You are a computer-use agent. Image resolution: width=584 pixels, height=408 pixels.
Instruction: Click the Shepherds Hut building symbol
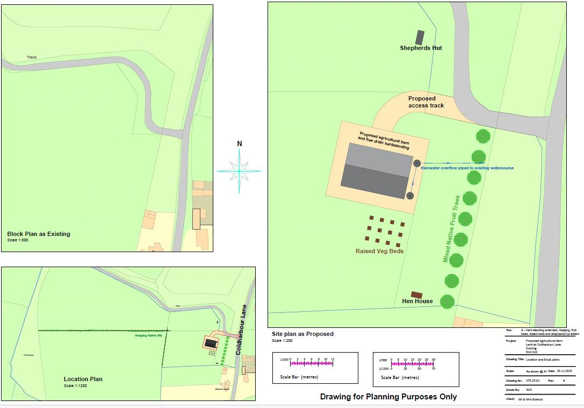point(420,37)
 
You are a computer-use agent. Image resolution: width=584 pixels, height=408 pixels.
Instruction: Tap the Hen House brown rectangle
point(416,295)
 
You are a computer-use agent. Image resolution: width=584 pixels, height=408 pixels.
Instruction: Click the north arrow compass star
point(240,170)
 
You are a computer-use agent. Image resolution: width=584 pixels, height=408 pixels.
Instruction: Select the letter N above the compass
point(240,144)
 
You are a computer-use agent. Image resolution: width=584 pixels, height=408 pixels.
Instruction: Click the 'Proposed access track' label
point(426,102)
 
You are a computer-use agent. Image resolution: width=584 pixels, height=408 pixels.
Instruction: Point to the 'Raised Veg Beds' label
point(379,251)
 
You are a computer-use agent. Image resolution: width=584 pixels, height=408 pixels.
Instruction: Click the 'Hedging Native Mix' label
point(149,335)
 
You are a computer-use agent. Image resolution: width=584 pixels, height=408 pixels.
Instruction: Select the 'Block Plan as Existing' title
point(39,234)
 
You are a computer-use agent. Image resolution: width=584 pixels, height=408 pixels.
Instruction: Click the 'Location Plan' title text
point(83,379)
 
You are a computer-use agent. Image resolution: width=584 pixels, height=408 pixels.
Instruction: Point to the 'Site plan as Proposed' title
point(302,334)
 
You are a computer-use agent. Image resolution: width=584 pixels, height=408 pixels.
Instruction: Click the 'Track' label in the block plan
point(32,57)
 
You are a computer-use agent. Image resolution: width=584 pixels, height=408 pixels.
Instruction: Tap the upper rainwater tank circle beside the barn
point(416,163)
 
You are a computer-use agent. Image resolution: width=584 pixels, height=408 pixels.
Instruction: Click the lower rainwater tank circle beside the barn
point(410,196)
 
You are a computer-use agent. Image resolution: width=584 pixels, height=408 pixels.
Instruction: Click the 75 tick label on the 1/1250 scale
point(433,369)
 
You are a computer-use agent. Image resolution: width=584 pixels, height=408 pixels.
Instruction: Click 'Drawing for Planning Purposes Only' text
point(388,397)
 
